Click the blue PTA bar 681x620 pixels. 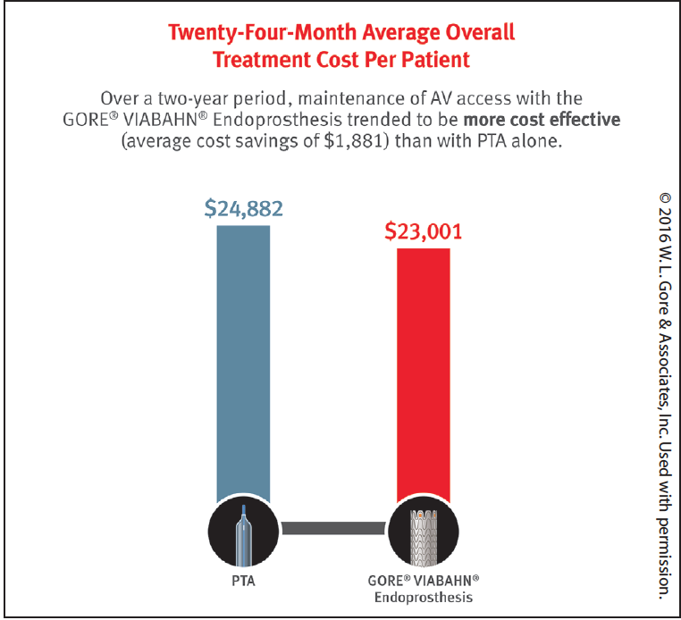243,364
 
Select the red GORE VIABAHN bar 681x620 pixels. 424,375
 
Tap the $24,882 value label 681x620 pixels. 244,208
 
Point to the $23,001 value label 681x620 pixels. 424,231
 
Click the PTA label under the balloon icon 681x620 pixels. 243,581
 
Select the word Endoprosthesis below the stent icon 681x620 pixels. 424,598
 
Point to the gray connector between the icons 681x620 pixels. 333,528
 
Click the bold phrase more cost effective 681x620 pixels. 542,120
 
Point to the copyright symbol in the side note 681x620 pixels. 665,198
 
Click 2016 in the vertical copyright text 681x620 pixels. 665,225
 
